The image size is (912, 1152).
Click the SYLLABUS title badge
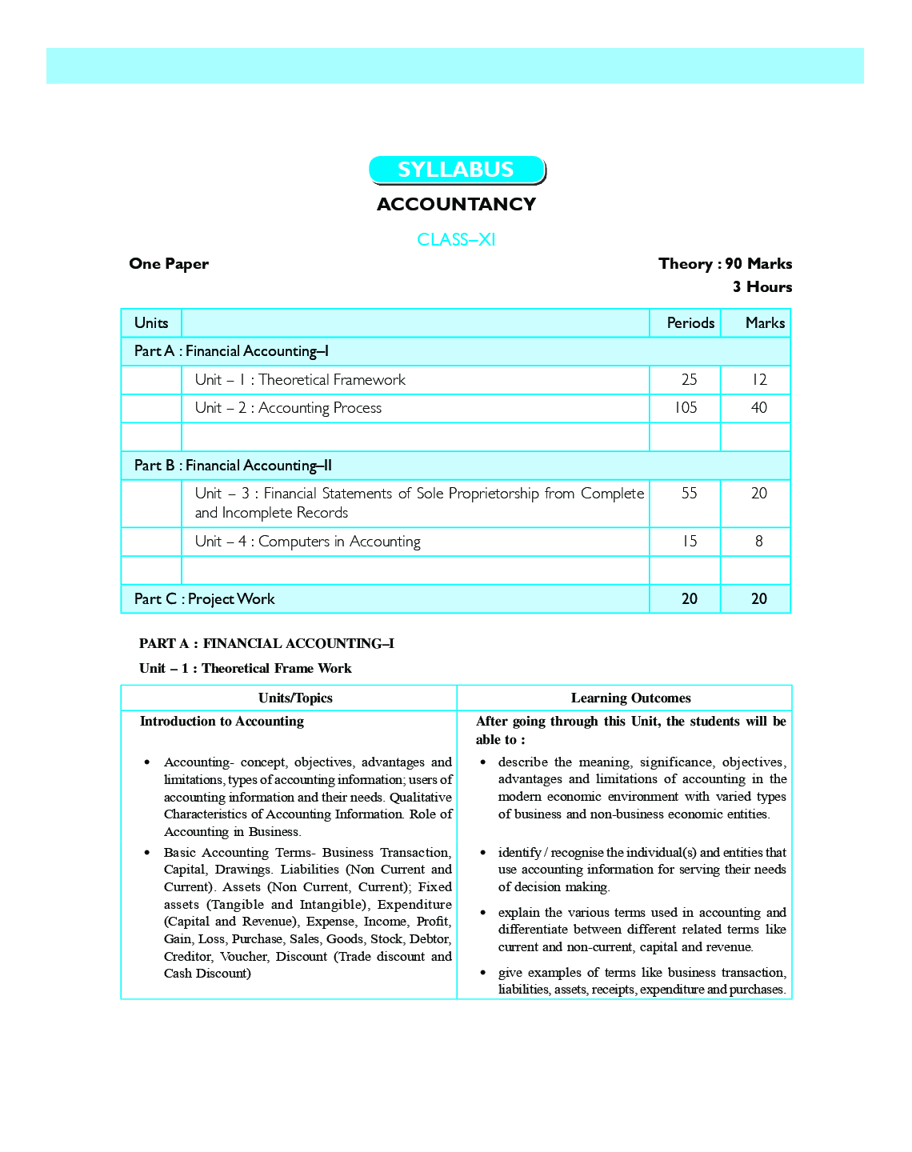coord(456,170)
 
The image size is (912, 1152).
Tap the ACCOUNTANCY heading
coord(456,204)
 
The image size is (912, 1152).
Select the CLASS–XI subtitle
coord(456,240)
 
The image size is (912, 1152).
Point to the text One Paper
coord(169,264)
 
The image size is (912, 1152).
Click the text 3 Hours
coord(762,287)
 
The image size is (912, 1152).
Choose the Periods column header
coord(690,323)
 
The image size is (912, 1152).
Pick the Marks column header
coord(765,323)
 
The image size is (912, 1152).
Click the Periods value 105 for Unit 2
coord(685,408)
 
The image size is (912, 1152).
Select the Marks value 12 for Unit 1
coord(759,380)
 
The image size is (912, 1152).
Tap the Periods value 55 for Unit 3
coord(689,494)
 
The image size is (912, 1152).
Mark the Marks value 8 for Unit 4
coord(759,542)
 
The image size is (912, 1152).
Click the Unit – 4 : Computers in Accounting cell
coord(308,542)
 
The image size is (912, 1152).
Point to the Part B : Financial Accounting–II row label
coord(233,466)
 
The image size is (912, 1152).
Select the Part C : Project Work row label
coord(205,599)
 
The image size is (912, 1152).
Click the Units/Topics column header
coord(295,698)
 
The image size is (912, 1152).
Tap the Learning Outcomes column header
coord(630,698)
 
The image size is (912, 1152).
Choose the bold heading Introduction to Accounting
coord(222,722)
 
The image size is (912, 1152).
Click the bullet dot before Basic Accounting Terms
coord(147,853)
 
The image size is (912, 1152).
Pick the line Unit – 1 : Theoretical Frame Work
coord(245,669)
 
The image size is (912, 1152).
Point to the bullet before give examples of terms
coord(482,973)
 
